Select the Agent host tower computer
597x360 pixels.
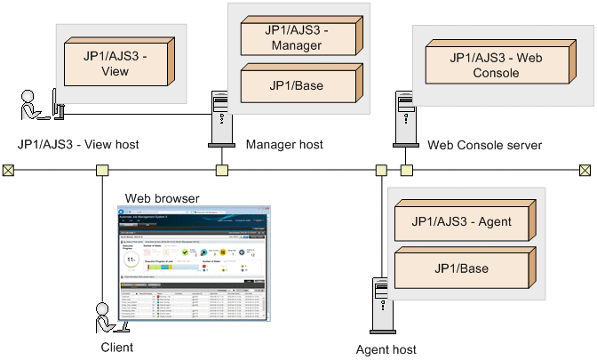coord(379,307)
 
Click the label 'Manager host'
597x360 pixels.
coord(284,144)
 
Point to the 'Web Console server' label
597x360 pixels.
coord(484,144)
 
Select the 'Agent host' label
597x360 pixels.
coord(386,349)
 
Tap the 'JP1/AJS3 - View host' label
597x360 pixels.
coord(78,144)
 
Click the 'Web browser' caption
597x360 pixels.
coord(162,197)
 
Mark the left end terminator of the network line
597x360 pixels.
coord(8,169)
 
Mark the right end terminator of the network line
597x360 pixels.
coord(585,169)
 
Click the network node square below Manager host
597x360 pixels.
coord(221,170)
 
